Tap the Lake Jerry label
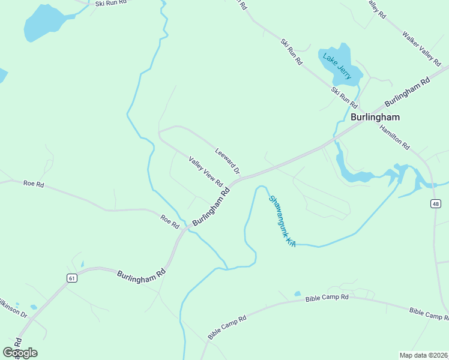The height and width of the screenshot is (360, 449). pyautogui.click(x=337, y=67)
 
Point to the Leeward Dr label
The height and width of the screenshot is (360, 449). pyautogui.click(x=227, y=161)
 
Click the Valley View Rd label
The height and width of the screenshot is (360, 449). pyautogui.click(x=206, y=172)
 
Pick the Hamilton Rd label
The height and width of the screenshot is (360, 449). pyautogui.click(x=394, y=137)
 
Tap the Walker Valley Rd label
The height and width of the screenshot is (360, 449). pyautogui.click(x=421, y=48)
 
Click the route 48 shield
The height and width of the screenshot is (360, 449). pyautogui.click(x=435, y=204)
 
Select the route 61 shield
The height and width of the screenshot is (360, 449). pyautogui.click(x=72, y=278)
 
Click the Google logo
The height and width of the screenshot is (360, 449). pyautogui.click(x=20, y=353)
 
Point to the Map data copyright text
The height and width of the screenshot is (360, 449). pyautogui.click(x=423, y=355)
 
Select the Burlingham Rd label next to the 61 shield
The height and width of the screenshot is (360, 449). pyautogui.click(x=141, y=274)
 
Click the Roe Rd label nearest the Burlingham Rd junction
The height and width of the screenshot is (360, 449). pyautogui.click(x=170, y=221)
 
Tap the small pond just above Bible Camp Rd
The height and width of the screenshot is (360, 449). pyautogui.click(x=297, y=294)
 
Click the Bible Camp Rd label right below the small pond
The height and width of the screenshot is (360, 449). pyautogui.click(x=327, y=298)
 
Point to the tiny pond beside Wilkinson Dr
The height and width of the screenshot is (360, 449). pyautogui.click(x=34, y=307)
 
